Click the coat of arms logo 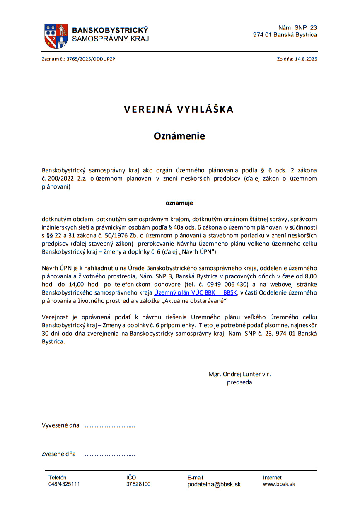coord(56,36)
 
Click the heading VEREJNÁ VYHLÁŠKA coord(179,109)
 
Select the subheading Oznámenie coord(179,136)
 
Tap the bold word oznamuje coord(179,203)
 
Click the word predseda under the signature coord(239,382)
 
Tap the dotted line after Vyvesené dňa coord(110,425)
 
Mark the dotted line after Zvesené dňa coord(110,454)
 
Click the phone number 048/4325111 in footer coord(64,484)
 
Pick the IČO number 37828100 coord(138,484)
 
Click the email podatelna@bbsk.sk coord(214,484)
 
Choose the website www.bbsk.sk coord(279,484)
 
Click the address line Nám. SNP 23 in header coord(297,28)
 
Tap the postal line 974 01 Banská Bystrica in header coord(285,35)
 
